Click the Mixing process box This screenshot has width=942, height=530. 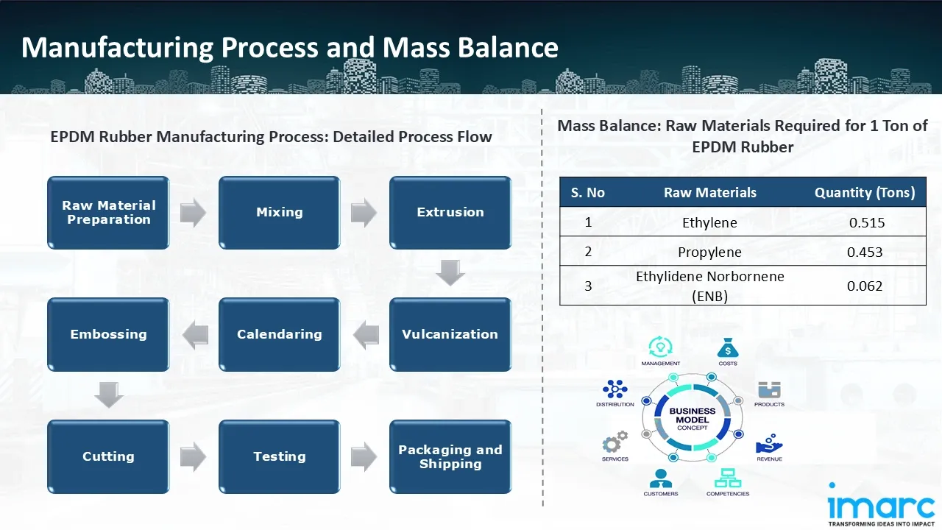pyautogui.click(x=279, y=212)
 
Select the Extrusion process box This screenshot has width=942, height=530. pyautogui.click(x=450, y=212)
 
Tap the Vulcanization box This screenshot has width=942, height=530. pyautogui.click(x=450, y=334)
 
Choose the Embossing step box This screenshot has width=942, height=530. pyautogui.click(x=108, y=334)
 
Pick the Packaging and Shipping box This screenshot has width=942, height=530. pyautogui.click(x=450, y=456)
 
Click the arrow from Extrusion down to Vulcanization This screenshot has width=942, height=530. pyautogui.click(x=450, y=273)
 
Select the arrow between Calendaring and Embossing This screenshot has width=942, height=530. pyautogui.click(x=195, y=335)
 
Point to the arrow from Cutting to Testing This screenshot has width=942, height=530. pyautogui.click(x=194, y=457)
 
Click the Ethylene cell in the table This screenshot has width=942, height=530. pyautogui.click(x=709, y=222)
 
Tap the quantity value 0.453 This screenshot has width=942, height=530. pyautogui.click(x=865, y=252)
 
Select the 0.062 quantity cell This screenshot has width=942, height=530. pyautogui.click(x=865, y=286)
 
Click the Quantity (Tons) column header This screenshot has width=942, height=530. pyautogui.click(x=865, y=193)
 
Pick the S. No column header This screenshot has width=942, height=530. pyautogui.click(x=587, y=193)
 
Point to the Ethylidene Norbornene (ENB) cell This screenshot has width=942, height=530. pyautogui.click(x=709, y=286)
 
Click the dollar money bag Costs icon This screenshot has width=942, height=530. pyautogui.click(x=727, y=347)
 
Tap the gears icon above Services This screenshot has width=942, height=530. pyautogui.click(x=615, y=443)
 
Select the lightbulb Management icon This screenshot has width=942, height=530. pyautogui.click(x=660, y=347)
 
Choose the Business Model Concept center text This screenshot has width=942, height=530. pyautogui.click(x=692, y=420)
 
